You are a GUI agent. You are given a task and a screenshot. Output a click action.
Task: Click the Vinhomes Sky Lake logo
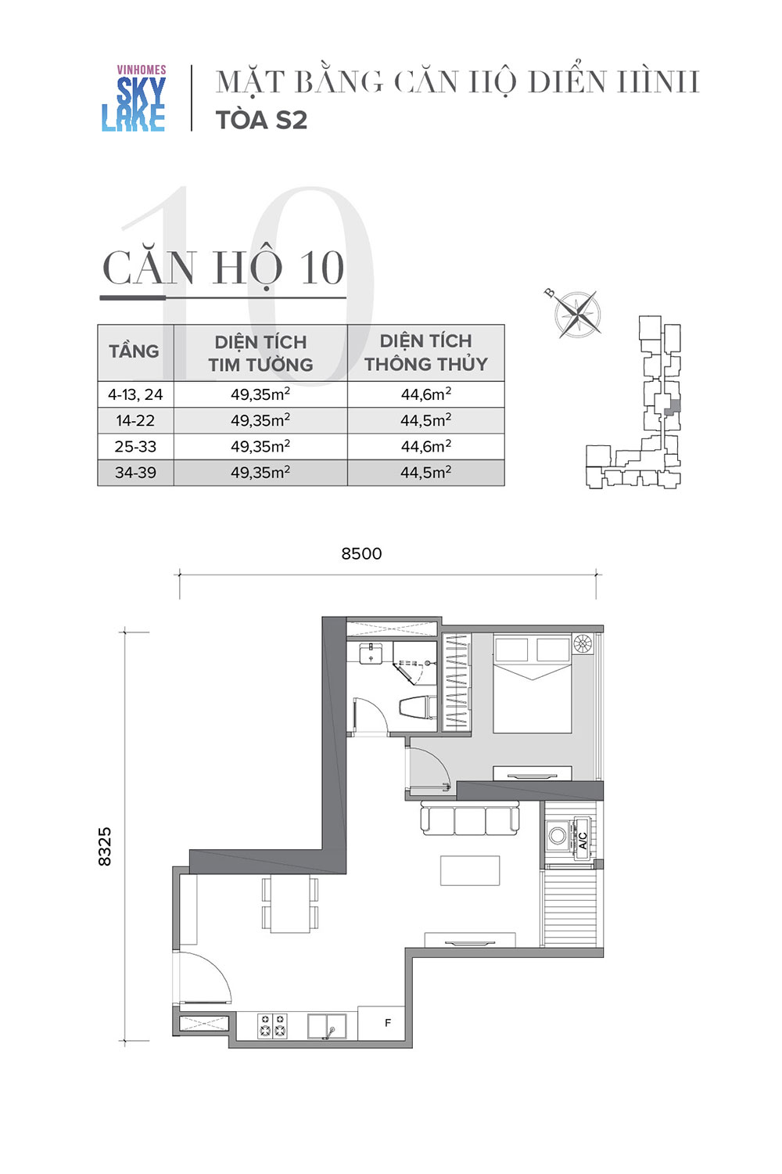134,98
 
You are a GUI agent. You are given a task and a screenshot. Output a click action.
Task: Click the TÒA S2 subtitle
261,120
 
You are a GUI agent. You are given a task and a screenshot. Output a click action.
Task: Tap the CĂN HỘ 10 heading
224,268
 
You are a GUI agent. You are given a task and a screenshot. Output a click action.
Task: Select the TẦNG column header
134,351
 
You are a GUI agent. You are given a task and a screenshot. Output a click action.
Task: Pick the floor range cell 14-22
135,420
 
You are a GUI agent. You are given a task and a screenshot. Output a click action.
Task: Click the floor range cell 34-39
135,473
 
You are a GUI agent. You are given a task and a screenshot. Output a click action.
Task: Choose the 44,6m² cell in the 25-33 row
426,446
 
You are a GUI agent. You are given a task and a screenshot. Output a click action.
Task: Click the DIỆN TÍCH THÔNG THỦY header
426,352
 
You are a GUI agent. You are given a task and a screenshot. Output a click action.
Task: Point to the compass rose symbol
576,313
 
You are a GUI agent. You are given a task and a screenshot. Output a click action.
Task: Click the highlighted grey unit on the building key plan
675,407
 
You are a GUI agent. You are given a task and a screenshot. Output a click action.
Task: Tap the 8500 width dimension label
361,553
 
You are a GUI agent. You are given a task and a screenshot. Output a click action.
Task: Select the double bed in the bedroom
533,683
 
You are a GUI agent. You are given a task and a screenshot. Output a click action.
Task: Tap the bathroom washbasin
371,654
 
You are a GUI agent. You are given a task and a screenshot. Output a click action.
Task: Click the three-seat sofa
470,820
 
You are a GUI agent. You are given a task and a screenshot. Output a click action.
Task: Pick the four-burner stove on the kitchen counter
272,1025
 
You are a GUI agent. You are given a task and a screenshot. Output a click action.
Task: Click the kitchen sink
326,1025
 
